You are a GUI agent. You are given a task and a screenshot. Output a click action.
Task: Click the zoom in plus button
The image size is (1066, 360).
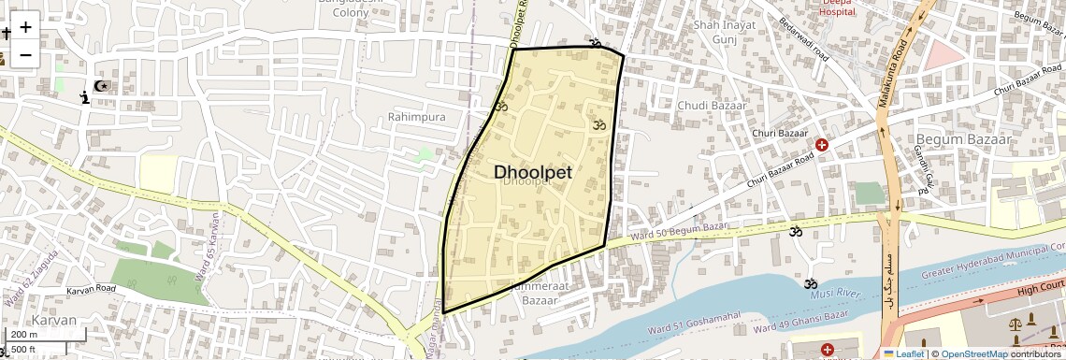click(x=25, y=26)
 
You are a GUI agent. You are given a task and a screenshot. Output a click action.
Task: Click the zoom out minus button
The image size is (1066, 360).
click(x=25, y=54)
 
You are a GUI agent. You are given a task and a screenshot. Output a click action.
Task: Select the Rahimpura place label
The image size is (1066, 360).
click(x=416, y=117)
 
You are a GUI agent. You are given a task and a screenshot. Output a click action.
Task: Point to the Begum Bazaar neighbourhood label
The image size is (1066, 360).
click(x=965, y=139)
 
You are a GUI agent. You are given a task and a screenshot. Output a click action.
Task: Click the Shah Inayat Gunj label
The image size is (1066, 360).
click(x=724, y=32)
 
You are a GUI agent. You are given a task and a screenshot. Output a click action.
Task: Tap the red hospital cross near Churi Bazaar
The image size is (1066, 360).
click(x=822, y=145)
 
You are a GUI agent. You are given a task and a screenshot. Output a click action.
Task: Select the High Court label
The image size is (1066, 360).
click(x=1041, y=289)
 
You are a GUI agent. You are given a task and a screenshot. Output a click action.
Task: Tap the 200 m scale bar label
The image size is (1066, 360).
click(x=25, y=334)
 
